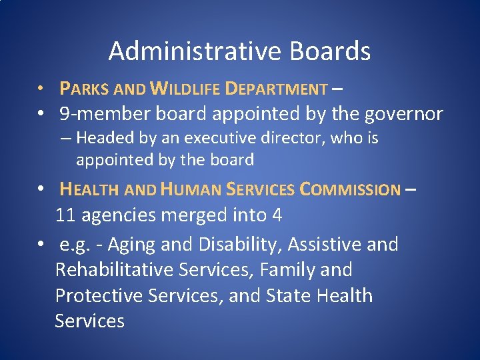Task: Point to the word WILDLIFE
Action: [x=185, y=89]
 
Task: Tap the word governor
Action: [x=403, y=114]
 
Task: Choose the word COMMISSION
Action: [x=350, y=190]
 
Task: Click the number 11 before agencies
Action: [x=64, y=215]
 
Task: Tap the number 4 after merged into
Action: [x=277, y=215]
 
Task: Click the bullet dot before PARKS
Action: [x=41, y=89]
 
